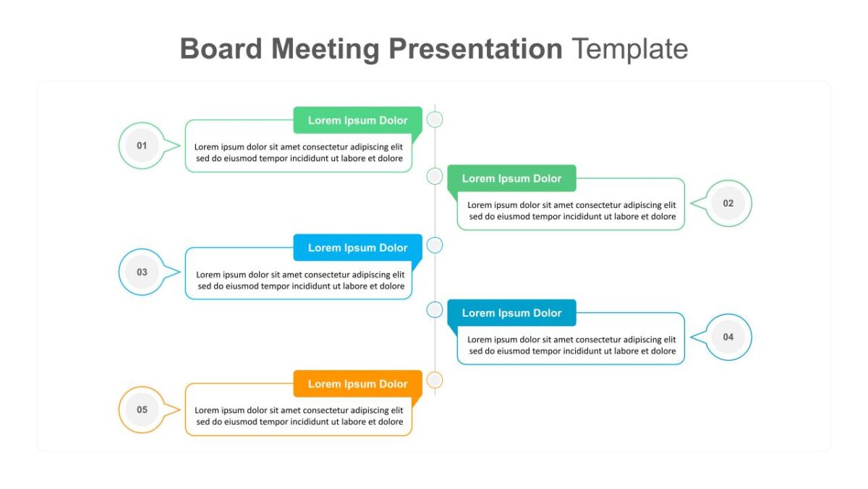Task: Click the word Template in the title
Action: click(x=630, y=49)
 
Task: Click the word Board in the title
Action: click(x=221, y=49)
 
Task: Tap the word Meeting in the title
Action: click(x=325, y=50)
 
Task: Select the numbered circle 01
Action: click(x=142, y=146)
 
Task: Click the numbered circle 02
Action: click(x=728, y=204)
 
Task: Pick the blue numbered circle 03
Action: click(x=142, y=272)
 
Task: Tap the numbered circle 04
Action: click(x=728, y=337)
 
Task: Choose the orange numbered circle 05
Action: click(x=142, y=409)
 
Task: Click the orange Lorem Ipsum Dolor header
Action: click(x=357, y=384)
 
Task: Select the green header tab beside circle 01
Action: click(x=357, y=120)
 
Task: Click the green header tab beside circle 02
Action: click(x=511, y=178)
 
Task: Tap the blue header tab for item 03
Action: click(x=357, y=248)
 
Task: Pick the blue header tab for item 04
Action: click(x=511, y=313)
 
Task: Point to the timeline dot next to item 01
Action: click(x=435, y=120)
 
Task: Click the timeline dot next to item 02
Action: click(x=435, y=176)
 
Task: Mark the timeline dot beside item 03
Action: click(x=435, y=246)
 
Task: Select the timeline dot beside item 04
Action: click(x=435, y=310)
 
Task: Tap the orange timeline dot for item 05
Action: click(x=435, y=380)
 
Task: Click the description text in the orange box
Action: click(x=299, y=416)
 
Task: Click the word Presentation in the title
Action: click(x=475, y=49)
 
